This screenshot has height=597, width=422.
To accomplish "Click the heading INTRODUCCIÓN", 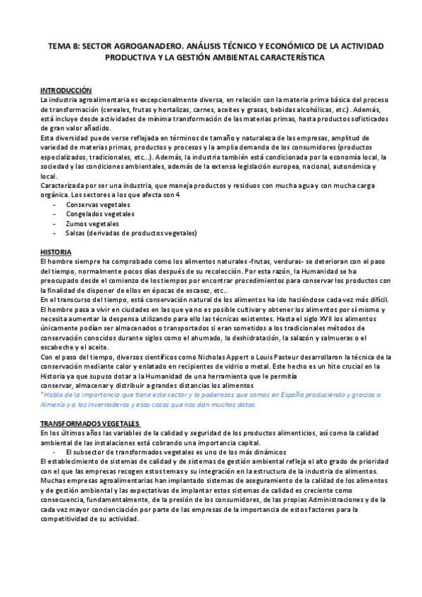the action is coord(66,90).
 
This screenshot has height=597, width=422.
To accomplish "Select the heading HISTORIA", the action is coord(56,251).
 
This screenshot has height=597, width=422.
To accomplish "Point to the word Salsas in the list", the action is coord(76,233).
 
